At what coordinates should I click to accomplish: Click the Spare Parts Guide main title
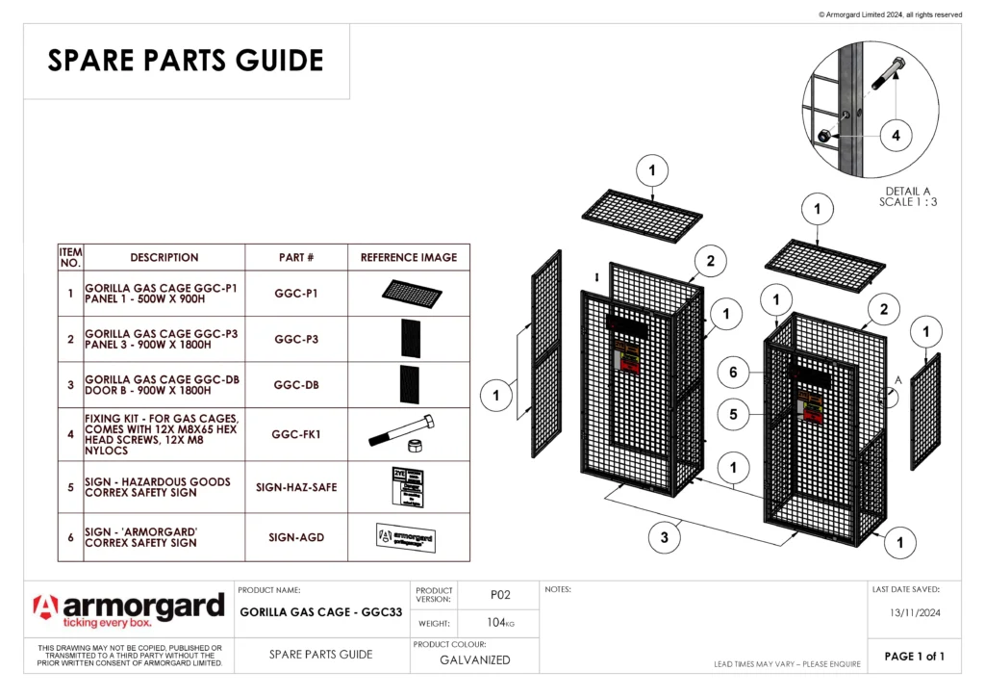186,61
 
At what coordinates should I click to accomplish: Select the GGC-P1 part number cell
296,294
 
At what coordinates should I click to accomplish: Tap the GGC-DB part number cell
296,385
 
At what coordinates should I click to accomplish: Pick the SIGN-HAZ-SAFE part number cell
296,487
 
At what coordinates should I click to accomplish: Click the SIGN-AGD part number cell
296,537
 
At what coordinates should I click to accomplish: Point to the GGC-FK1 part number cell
296,434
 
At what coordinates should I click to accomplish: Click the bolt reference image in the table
403,435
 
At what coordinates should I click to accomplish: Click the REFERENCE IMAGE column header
409,257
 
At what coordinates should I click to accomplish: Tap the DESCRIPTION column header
164,257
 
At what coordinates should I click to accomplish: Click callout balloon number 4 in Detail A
896,136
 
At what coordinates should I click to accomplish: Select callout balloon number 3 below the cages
664,538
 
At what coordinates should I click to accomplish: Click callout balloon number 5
732,415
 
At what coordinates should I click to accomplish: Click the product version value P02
499,595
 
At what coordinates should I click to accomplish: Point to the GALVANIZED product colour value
475,659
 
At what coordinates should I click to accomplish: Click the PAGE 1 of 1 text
914,657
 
